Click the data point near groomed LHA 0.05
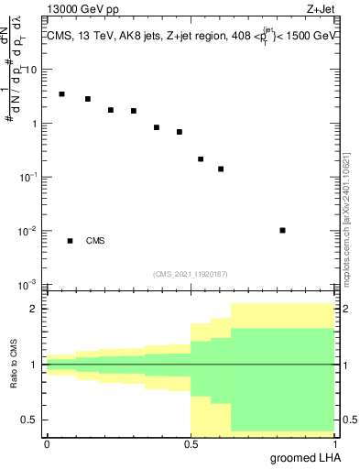(61, 93)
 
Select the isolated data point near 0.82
(282, 230)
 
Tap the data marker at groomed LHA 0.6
(221, 169)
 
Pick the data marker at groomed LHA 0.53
(201, 158)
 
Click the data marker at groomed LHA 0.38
(157, 127)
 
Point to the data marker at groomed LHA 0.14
(88, 99)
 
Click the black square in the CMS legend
(70, 241)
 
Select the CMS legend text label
(95, 241)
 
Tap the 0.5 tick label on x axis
(190, 443)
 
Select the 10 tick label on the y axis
(29, 70)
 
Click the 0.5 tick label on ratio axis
(30, 420)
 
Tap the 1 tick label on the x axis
(333, 443)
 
